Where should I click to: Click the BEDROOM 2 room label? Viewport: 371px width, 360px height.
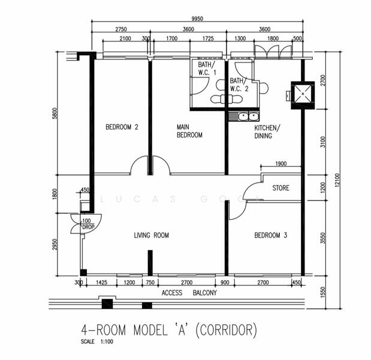click(x=122, y=127)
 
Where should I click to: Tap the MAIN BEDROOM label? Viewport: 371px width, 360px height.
click(x=189, y=131)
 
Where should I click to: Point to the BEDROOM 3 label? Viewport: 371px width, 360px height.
click(x=270, y=235)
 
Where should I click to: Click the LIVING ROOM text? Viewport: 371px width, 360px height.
click(x=151, y=235)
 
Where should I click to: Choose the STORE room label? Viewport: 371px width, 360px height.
click(x=280, y=188)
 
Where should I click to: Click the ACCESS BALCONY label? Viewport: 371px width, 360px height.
click(x=189, y=293)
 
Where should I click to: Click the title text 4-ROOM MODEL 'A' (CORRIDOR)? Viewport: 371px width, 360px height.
click(x=169, y=329)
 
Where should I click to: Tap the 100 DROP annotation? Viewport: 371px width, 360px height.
click(x=88, y=224)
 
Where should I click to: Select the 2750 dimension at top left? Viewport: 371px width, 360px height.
click(x=121, y=29)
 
